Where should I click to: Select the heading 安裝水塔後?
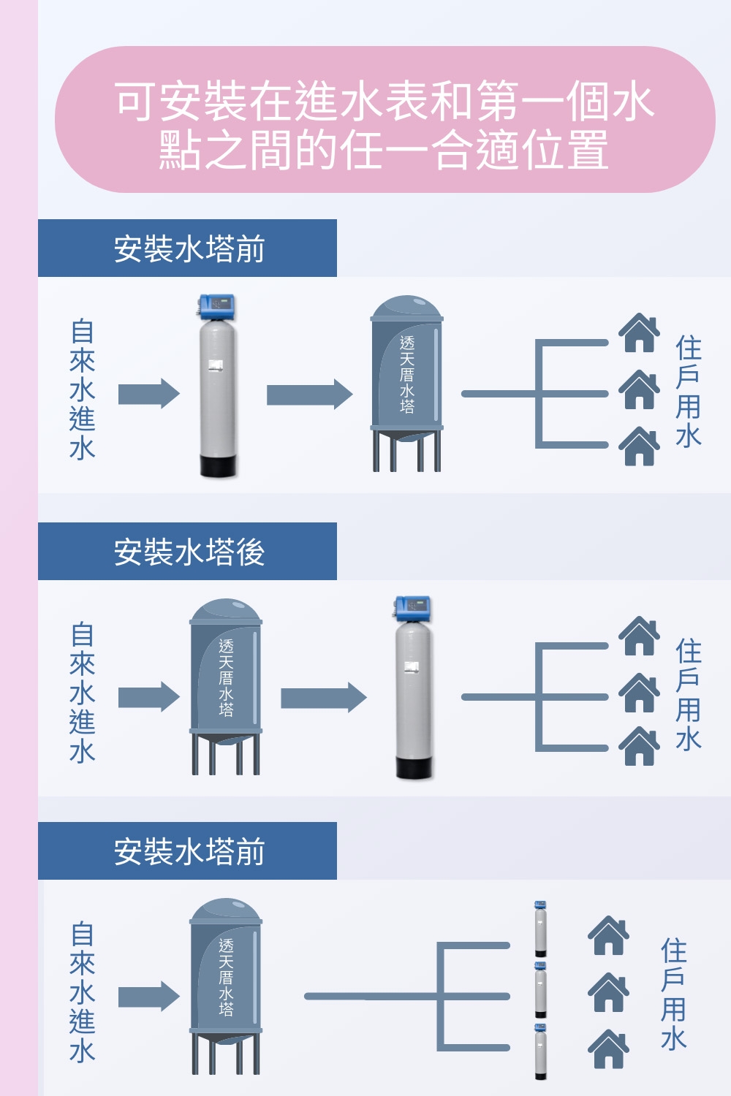click(x=189, y=552)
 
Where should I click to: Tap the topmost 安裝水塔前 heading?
click(x=189, y=248)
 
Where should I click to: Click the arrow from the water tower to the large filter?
click(x=322, y=697)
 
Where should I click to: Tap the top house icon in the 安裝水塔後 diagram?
click(x=640, y=636)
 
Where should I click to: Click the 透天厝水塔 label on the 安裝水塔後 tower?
click(x=226, y=677)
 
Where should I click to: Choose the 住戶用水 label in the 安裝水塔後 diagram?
click(x=689, y=694)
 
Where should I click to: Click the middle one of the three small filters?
click(x=540, y=990)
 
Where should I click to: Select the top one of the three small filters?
click(x=540, y=929)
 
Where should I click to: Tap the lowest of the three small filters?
click(x=540, y=1051)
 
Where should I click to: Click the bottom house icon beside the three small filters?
click(x=608, y=1049)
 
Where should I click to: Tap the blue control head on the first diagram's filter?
click(x=218, y=305)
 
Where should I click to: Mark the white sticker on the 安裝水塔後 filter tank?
click(x=412, y=666)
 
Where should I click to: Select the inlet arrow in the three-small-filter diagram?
click(x=148, y=997)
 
